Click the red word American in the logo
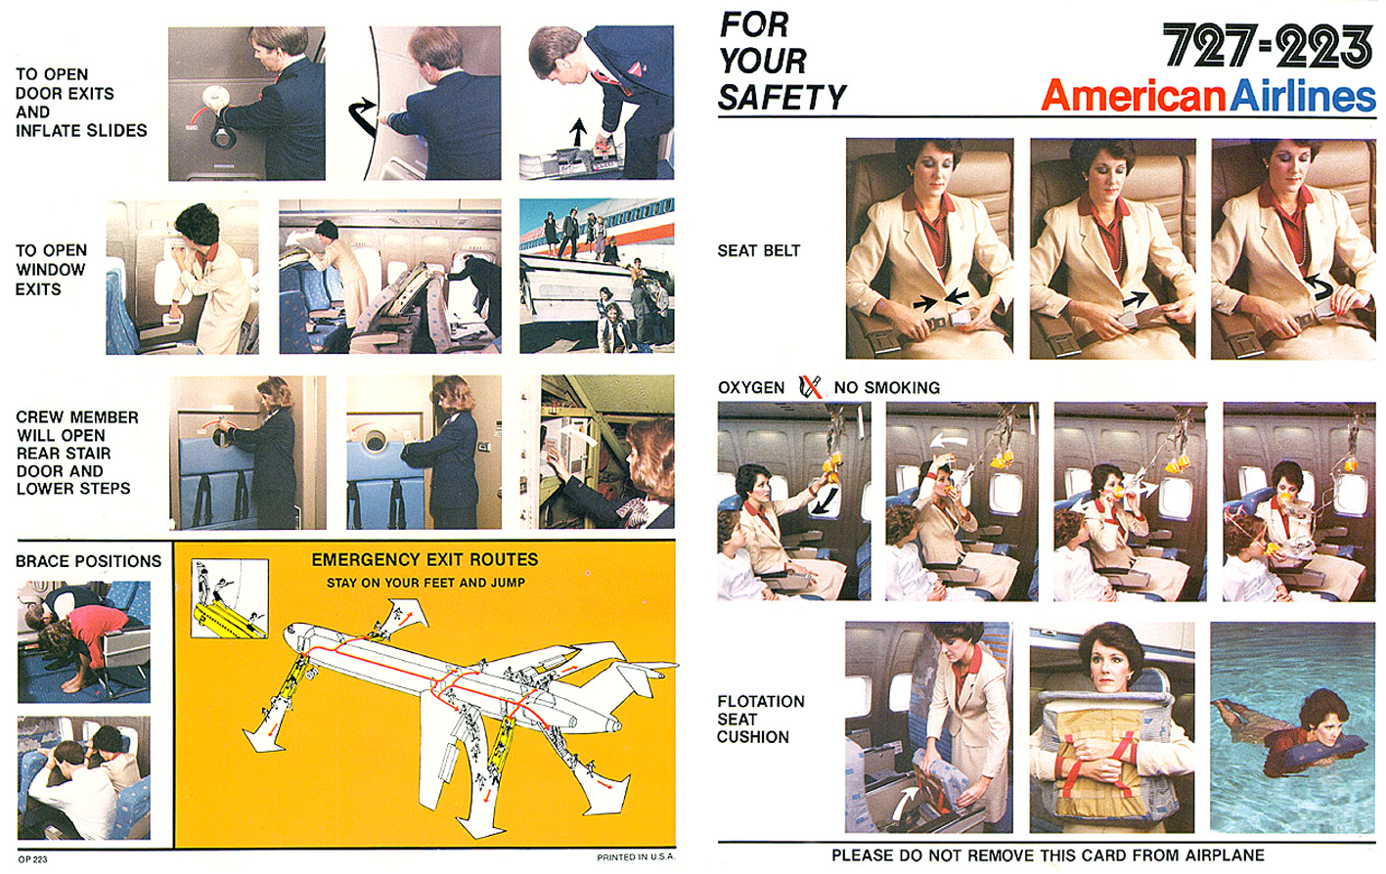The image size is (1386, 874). [x=1133, y=96]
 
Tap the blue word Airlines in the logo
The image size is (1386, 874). [x=1302, y=96]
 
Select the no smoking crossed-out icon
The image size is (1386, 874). [x=810, y=386]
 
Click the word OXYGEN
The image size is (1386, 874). [x=751, y=388]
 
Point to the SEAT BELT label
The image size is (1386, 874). [x=759, y=250]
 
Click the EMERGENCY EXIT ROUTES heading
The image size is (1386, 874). [x=425, y=560]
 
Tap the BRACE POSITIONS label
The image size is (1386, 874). [x=88, y=561]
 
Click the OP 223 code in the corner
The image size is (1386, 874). [x=33, y=859]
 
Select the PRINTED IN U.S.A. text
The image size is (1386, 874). [x=636, y=857]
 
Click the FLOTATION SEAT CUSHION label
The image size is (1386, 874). [x=761, y=720]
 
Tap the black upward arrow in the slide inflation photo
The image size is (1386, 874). [x=578, y=132]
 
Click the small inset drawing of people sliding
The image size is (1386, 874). [x=230, y=598]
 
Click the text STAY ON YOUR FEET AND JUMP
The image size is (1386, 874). [x=425, y=583]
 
